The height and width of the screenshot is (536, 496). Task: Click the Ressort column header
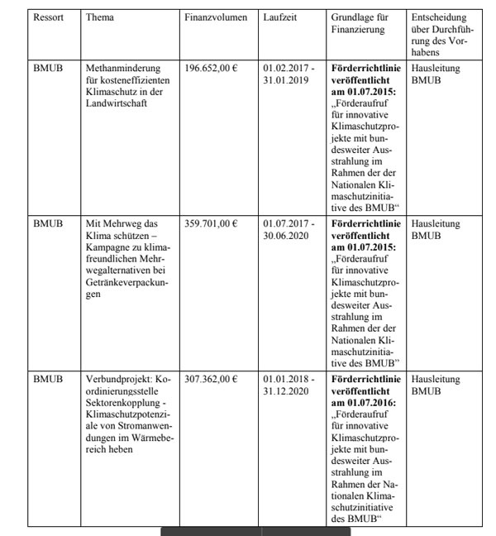click(48, 17)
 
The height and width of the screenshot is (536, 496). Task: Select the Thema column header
click(101, 17)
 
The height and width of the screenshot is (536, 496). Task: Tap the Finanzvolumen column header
click(216, 17)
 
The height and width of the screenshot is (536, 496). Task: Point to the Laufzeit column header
click(279, 17)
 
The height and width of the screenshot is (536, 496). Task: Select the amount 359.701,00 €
click(211, 223)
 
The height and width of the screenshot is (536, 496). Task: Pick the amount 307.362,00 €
click(211, 380)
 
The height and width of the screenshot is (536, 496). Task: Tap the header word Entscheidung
click(439, 17)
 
